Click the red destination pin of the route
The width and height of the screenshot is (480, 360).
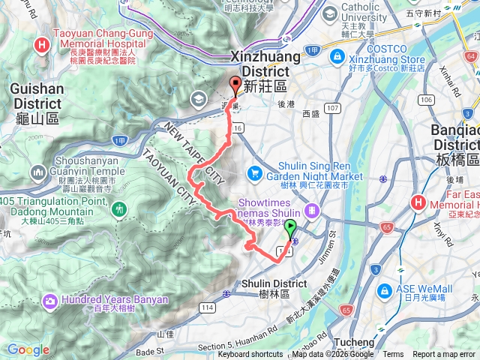(236, 85)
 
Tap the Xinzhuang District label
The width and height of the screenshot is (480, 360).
(263, 64)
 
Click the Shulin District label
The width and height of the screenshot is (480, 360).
(274, 288)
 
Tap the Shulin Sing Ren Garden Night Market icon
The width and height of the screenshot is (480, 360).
(256, 172)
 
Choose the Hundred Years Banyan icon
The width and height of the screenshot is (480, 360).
(50, 301)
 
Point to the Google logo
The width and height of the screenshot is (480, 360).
(28, 349)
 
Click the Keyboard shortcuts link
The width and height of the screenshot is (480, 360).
(256, 355)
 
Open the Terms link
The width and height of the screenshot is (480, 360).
(393, 355)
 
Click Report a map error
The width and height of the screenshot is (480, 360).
(444, 355)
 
